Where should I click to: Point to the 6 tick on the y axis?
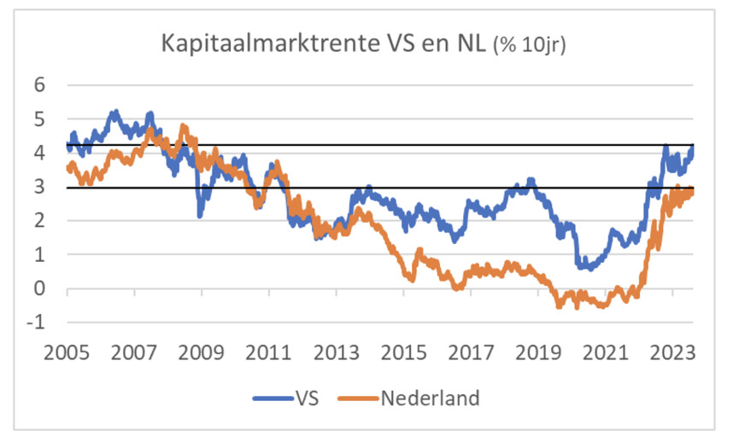tap(38, 84)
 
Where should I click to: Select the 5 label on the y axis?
tap(38, 119)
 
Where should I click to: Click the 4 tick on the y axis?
tap(38, 153)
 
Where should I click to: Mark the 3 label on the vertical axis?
tap(38, 187)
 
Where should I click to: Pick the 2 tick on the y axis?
tap(38, 221)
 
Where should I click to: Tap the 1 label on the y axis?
tap(38, 255)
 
